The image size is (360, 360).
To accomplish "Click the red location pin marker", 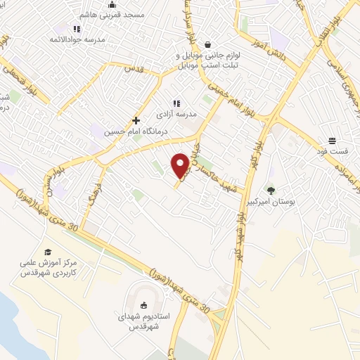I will (180, 165).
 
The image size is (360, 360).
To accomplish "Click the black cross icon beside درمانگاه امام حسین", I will (136, 120).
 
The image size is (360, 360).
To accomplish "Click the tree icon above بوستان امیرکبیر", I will (270, 190).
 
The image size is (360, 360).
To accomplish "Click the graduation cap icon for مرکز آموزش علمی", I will (48, 252).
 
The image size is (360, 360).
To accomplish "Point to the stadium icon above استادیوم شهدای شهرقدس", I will (144, 305).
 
